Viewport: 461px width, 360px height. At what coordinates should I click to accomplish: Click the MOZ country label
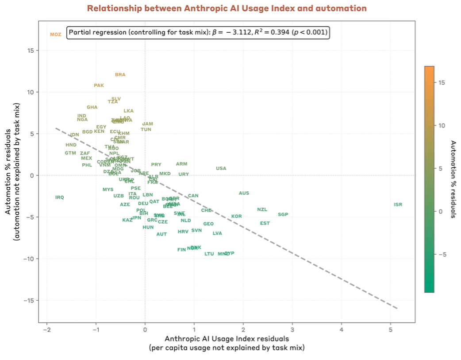tap(56, 35)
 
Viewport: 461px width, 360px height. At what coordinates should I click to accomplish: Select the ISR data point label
tap(398, 205)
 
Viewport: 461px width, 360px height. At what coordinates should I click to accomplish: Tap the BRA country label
tap(120, 75)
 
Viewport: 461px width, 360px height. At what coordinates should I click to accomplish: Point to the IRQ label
tap(60, 197)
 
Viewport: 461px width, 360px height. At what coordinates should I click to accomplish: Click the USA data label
tap(221, 169)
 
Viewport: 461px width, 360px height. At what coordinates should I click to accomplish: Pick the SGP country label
tap(283, 215)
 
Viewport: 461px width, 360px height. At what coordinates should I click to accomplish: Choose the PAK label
tap(99, 85)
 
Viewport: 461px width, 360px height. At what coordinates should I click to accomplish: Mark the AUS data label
tap(244, 194)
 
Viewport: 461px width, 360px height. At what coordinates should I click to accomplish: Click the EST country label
tap(265, 224)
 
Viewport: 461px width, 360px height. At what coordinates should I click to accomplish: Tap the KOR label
tap(237, 217)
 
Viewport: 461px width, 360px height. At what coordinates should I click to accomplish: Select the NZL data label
tap(262, 210)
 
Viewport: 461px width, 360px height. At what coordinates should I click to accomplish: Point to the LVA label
tap(217, 233)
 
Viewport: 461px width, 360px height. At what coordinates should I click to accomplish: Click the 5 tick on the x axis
tap(391, 329)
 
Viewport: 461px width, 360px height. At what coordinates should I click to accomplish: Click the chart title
tap(227, 8)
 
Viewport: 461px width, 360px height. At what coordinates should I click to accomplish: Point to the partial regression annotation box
tap(198, 33)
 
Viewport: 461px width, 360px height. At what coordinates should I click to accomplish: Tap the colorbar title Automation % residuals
tap(453, 179)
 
